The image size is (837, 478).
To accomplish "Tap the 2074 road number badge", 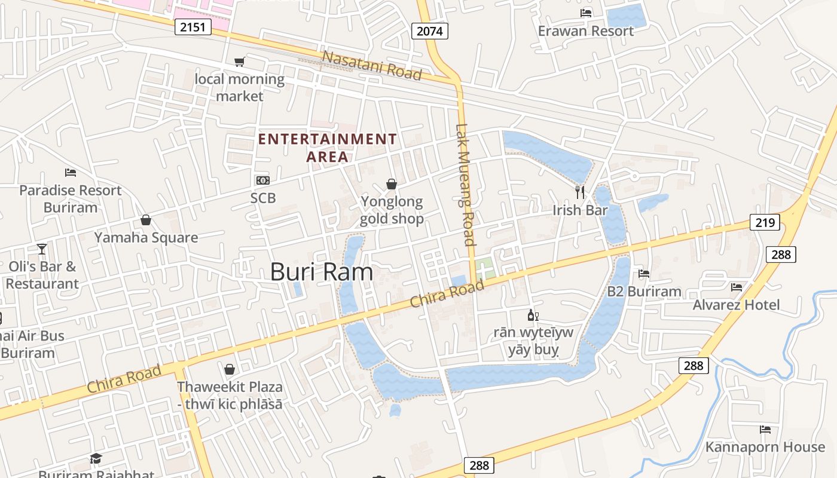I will [x=430, y=31].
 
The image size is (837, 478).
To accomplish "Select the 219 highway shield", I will [x=765, y=223].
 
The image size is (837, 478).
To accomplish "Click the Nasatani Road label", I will [x=372, y=65].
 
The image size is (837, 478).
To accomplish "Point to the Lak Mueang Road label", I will [x=465, y=185].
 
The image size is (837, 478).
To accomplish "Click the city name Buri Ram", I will [x=322, y=272].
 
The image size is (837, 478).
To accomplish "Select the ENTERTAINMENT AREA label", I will [x=327, y=148].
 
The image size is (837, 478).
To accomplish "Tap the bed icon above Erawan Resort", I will [x=586, y=13].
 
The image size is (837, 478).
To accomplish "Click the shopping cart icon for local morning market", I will [x=239, y=62].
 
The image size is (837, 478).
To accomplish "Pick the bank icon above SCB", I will [x=263, y=180].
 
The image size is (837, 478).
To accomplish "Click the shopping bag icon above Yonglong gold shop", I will [x=392, y=184].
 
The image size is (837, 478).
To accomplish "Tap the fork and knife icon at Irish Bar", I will [x=579, y=192].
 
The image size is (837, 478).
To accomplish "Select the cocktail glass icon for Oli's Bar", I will [x=42, y=249].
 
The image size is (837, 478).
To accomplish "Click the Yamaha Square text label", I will [x=146, y=238].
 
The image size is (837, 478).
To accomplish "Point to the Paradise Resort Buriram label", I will [x=70, y=199].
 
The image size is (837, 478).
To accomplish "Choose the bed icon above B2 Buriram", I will [x=644, y=274].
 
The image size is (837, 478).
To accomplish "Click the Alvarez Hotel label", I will [x=736, y=305].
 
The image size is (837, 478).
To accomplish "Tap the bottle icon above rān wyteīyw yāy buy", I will [x=532, y=315].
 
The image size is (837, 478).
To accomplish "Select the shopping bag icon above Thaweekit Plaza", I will [x=230, y=369].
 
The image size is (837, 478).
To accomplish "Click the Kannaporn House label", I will [x=765, y=447].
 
